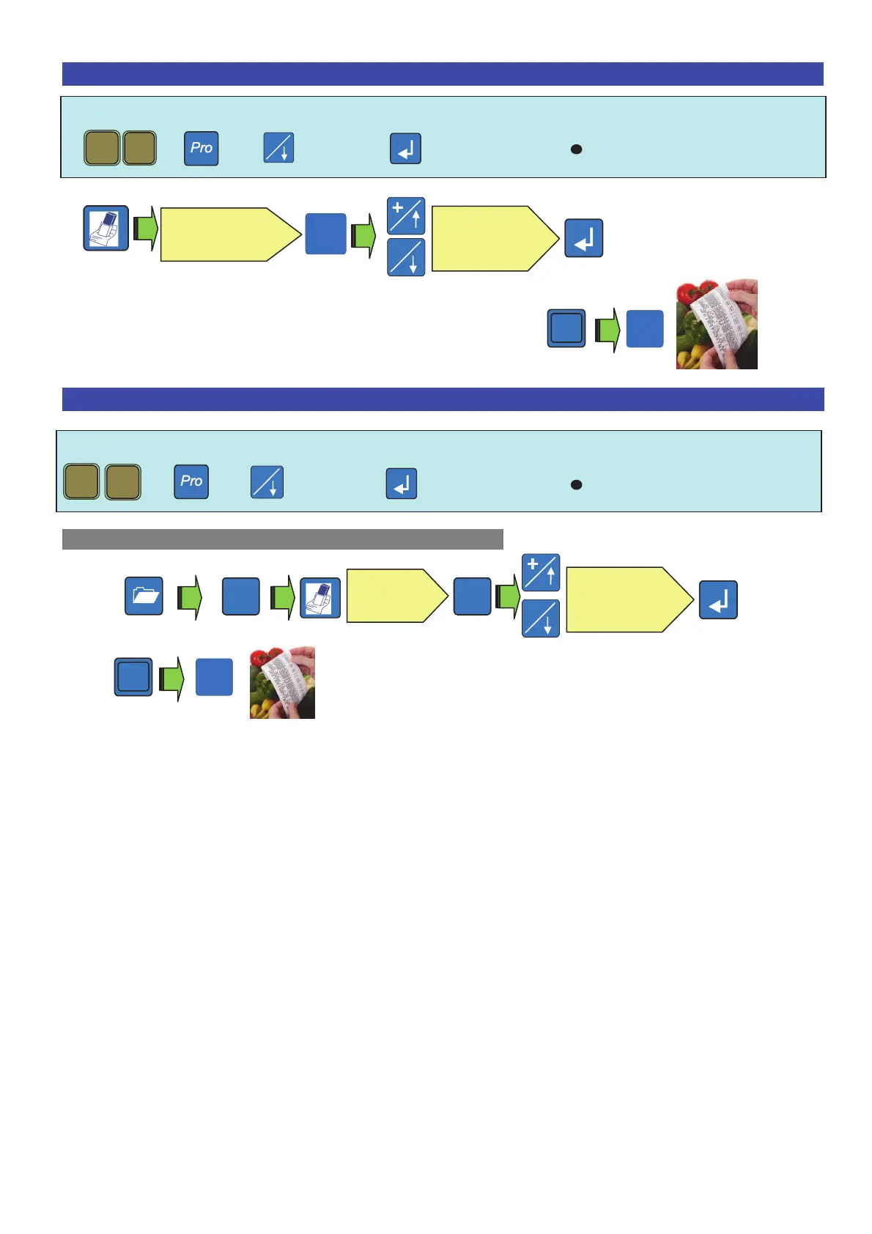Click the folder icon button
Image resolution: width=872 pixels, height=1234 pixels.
tap(144, 596)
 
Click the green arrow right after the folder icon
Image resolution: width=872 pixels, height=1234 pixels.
tap(191, 596)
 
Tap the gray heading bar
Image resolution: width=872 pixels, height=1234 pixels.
tap(282, 539)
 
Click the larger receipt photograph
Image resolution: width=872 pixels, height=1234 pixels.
tap(716, 324)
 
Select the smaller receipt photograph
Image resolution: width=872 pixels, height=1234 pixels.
tap(282, 682)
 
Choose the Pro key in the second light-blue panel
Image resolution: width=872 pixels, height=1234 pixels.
tap(191, 481)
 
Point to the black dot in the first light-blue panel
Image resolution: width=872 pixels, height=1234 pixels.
tap(576, 149)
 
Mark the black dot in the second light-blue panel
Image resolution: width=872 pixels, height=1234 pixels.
tap(576, 484)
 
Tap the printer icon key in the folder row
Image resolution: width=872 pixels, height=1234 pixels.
tap(321, 598)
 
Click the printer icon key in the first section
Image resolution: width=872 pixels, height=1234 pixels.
tap(106, 228)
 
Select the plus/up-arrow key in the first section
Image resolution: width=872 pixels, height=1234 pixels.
tap(406, 216)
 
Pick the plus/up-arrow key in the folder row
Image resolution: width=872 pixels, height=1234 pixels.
tap(541, 572)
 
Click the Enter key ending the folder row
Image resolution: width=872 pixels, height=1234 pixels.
tap(718, 600)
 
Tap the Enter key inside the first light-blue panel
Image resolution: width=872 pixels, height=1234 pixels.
tap(405, 149)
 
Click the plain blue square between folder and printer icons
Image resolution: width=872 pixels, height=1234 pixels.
tap(240, 596)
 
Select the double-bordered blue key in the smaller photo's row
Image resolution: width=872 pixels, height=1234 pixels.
tap(133, 676)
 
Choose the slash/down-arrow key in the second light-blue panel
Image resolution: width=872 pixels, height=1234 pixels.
tap(267, 482)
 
